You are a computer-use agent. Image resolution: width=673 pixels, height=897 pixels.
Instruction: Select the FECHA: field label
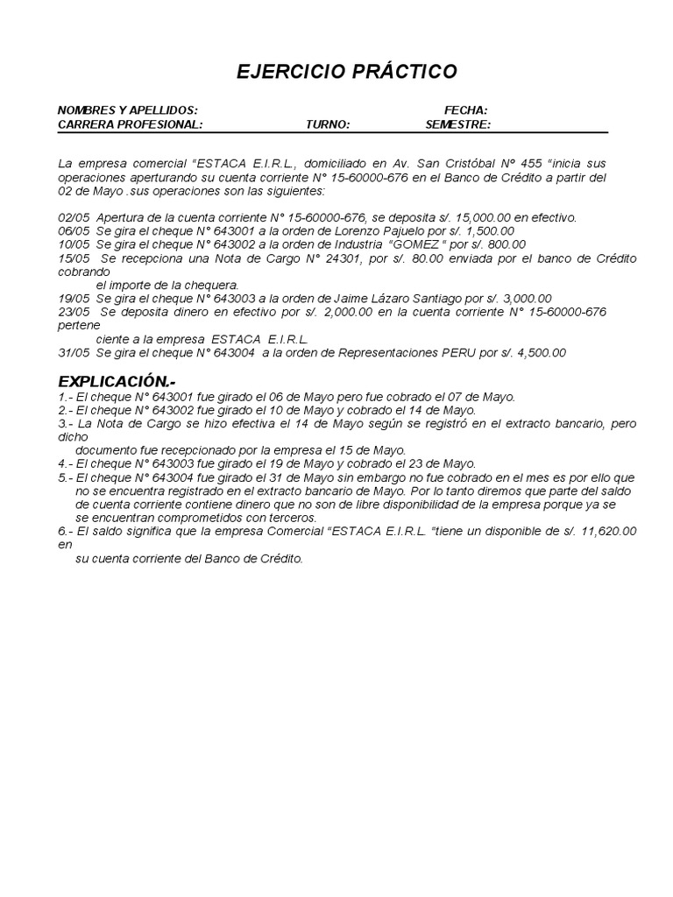(x=466, y=109)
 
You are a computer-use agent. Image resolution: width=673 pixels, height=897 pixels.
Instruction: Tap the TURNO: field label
(x=328, y=124)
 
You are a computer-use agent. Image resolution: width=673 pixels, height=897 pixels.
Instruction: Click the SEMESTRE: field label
(x=458, y=124)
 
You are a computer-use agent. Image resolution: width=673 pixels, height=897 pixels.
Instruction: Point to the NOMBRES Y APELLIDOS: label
(x=127, y=109)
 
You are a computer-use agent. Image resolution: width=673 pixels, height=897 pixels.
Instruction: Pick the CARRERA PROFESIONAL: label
(x=130, y=124)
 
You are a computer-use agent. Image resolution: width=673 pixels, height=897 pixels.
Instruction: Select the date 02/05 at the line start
(x=73, y=216)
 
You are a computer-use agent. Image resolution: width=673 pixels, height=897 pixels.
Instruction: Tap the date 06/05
(x=73, y=230)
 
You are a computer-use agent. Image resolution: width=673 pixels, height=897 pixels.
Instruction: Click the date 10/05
(x=73, y=244)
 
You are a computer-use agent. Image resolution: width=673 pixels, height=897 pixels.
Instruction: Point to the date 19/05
(x=73, y=299)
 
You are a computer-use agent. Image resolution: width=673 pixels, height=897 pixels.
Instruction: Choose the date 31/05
(x=73, y=353)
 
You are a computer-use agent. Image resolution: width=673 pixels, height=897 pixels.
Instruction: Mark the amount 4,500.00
(x=537, y=353)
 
